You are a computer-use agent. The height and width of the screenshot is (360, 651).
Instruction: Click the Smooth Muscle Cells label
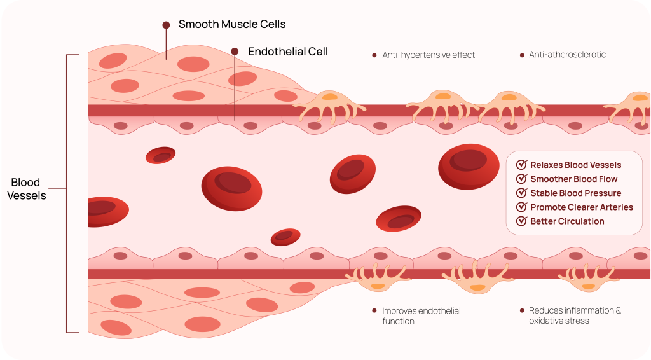pyautogui.click(x=232, y=25)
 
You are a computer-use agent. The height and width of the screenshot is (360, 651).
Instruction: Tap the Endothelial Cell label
pyautogui.click(x=288, y=52)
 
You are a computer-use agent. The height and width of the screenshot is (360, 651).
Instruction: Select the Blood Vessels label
pyautogui.click(x=27, y=190)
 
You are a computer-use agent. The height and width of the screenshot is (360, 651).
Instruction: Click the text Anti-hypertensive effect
pyautogui.click(x=428, y=55)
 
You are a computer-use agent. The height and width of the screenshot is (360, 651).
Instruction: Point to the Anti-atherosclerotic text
pyautogui.click(x=567, y=55)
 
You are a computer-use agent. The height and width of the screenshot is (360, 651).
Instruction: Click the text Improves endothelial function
pyautogui.click(x=421, y=316)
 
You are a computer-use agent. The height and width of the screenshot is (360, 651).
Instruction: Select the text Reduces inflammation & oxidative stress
pyautogui.click(x=575, y=316)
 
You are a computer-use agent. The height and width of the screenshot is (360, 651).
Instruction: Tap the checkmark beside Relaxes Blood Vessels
pyautogui.click(x=522, y=165)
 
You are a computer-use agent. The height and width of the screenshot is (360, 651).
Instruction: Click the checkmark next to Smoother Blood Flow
pyautogui.click(x=522, y=179)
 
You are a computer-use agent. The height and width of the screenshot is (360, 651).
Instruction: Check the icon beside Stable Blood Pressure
pyautogui.click(x=522, y=193)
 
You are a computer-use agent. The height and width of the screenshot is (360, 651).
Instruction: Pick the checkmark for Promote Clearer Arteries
pyautogui.click(x=522, y=207)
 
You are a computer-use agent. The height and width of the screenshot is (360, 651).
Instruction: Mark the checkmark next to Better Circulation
pyautogui.click(x=522, y=221)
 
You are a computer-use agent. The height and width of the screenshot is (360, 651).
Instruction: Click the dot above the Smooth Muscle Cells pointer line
pyautogui.click(x=166, y=25)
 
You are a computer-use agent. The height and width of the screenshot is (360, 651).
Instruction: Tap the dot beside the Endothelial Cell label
pyautogui.click(x=235, y=52)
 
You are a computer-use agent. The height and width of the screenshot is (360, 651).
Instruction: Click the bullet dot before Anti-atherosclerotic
pyautogui.click(x=522, y=55)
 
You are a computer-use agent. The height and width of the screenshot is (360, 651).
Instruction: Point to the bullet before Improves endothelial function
pyautogui.click(x=374, y=311)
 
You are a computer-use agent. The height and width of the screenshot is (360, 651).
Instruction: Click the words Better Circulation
pyautogui.click(x=567, y=221)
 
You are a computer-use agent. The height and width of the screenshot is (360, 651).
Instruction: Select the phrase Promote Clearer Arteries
pyautogui.click(x=582, y=207)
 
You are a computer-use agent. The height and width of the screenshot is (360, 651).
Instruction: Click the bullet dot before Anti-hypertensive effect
pyautogui.click(x=374, y=55)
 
